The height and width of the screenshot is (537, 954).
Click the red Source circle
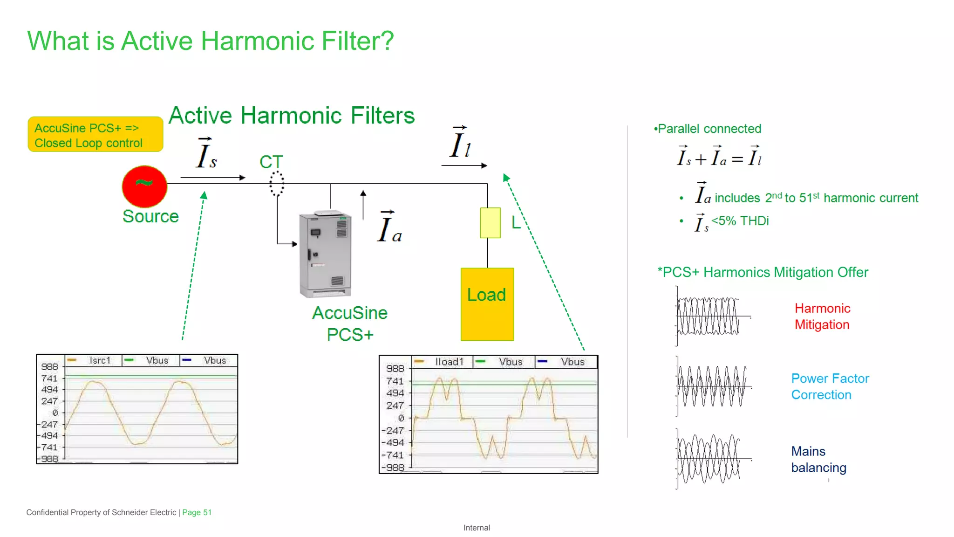(x=144, y=186)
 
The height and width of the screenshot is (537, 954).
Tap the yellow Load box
(x=487, y=304)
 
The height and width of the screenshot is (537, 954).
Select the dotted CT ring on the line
(x=277, y=183)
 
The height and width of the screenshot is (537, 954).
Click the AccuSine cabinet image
(x=325, y=254)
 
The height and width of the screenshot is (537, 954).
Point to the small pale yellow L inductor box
(x=490, y=223)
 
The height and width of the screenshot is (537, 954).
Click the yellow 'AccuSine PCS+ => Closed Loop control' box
(x=95, y=135)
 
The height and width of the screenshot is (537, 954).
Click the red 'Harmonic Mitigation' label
(x=822, y=317)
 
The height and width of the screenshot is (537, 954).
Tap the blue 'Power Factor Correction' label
(x=830, y=386)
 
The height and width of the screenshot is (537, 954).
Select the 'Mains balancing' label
(x=818, y=459)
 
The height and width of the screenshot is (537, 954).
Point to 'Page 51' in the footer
(x=197, y=512)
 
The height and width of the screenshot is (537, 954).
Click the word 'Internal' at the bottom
(x=477, y=528)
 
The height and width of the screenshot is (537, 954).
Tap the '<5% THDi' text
(x=740, y=221)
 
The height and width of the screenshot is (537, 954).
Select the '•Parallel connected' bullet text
(x=708, y=129)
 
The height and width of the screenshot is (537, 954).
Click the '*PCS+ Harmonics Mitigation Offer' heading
(x=763, y=272)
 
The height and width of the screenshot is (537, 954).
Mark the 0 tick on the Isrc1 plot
(x=55, y=413)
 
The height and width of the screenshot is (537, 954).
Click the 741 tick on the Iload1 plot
(x=395, y=381)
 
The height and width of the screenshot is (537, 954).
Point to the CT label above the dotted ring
(x=271, y=162)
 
